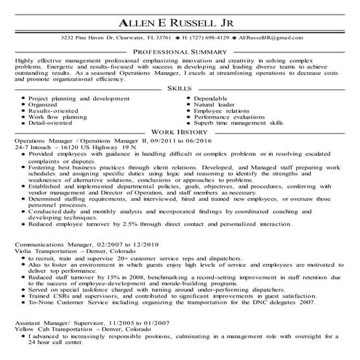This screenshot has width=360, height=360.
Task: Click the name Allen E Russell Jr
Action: click(x=180, y=18)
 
